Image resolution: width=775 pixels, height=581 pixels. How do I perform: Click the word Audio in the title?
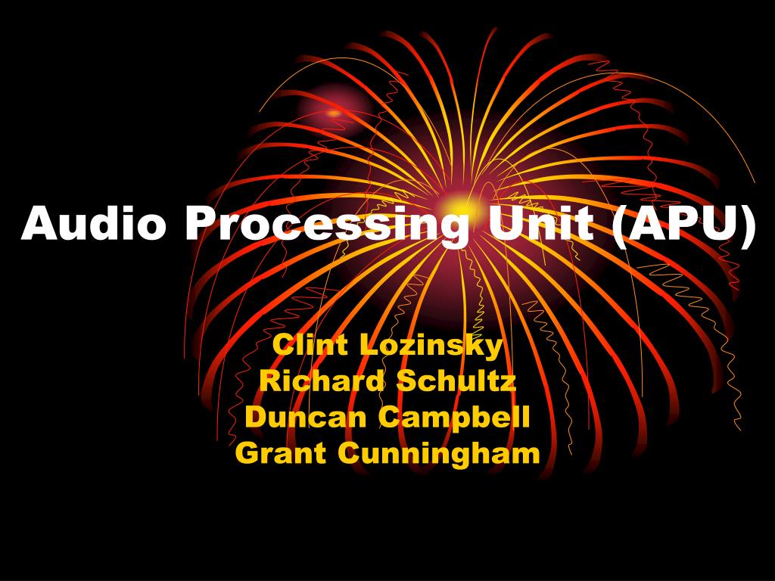coord(92,224)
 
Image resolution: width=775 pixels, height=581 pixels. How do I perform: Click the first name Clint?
coord(310,345)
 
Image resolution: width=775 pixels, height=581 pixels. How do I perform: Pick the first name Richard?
coord(322,381)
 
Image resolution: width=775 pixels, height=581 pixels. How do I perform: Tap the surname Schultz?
coord(457,381)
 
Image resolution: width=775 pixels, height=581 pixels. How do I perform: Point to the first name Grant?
coord(281,453)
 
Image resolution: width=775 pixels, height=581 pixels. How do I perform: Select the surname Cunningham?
coord(439,454)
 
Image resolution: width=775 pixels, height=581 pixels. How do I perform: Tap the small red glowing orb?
coord(334,113)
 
